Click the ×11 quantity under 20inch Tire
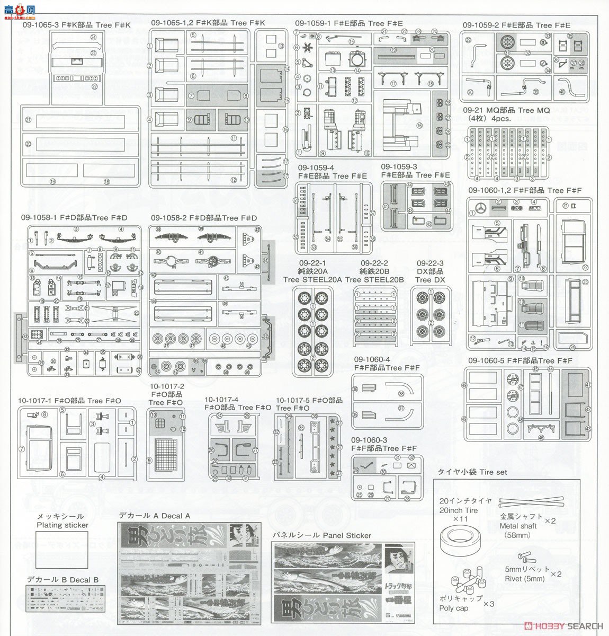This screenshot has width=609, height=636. pos(459,519)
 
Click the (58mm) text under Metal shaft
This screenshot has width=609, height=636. pos(519,535)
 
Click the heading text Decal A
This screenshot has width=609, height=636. pos(155,515)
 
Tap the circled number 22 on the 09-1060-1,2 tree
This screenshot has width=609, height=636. pos(584,268)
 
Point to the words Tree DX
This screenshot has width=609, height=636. pos(431,280)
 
